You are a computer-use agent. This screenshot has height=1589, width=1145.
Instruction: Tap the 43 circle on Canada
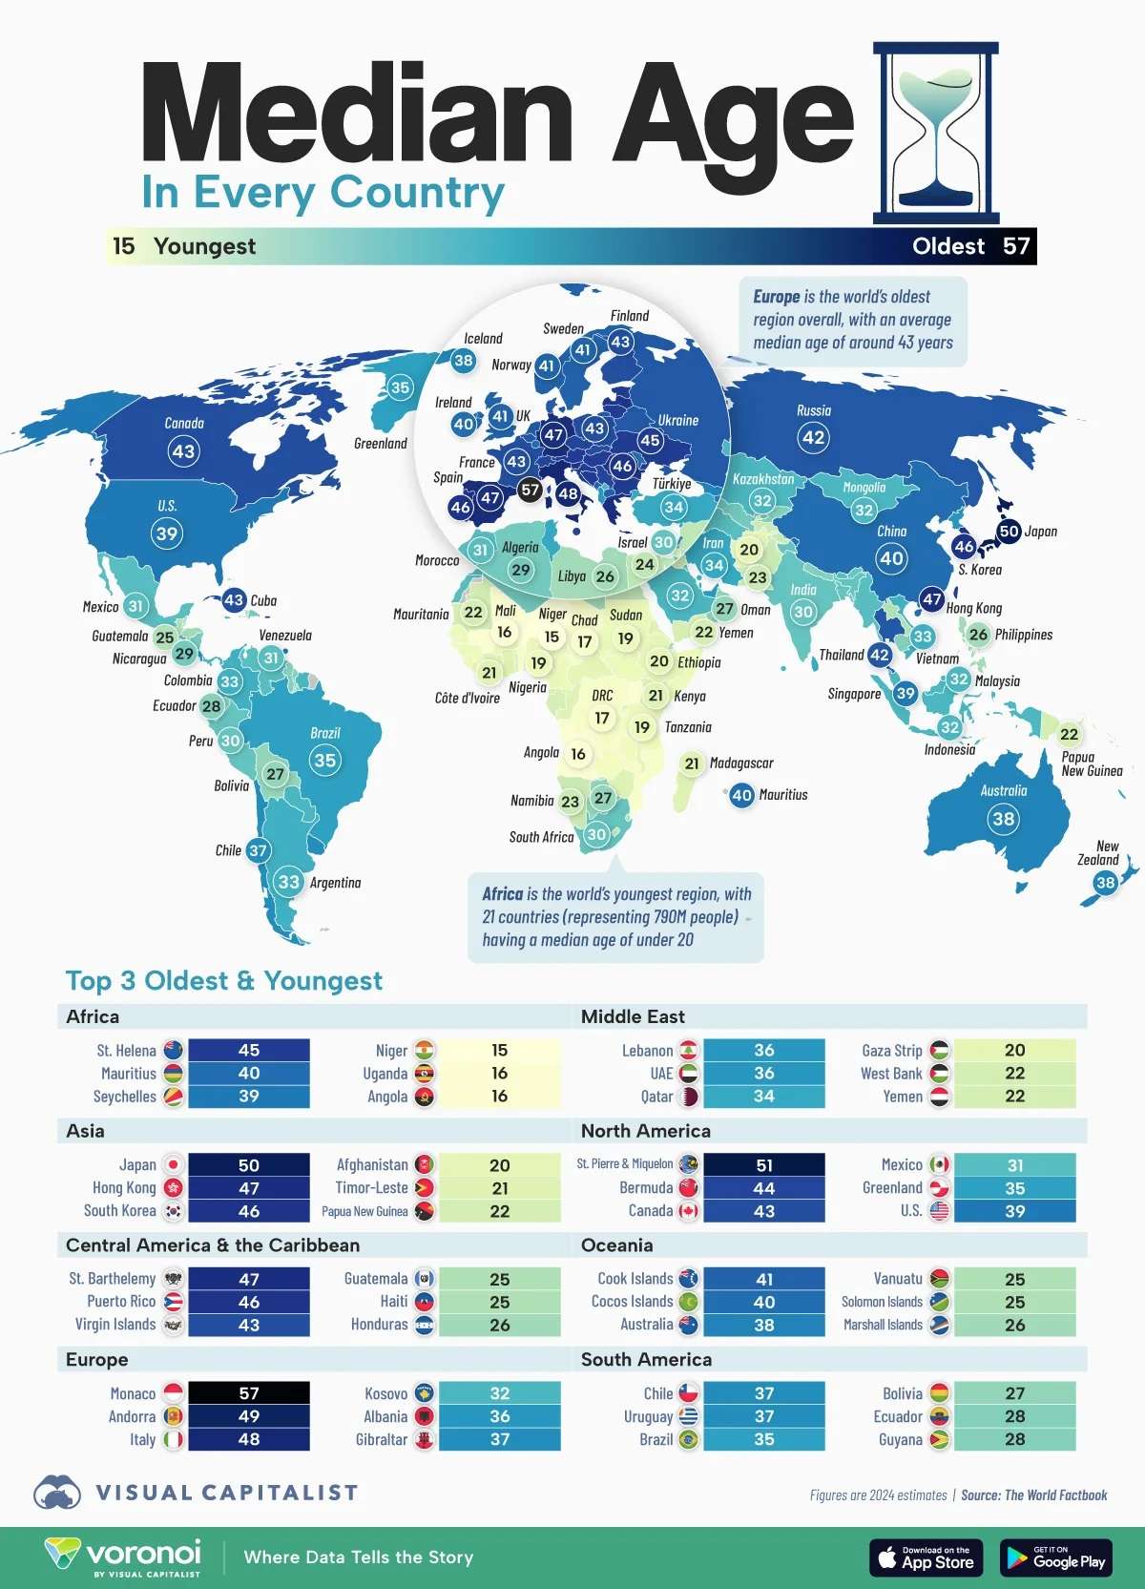tap(183, 450)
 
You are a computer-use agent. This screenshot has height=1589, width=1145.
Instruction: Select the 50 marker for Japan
tap(1009, 531)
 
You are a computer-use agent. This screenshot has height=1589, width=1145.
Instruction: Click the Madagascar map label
tap(741, 763)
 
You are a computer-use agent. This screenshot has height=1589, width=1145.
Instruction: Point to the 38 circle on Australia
tap(1003, 819)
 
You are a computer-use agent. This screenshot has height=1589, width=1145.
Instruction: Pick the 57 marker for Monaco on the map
tap(530, 491)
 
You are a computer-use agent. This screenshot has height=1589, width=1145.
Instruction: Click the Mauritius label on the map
tap(783, 795)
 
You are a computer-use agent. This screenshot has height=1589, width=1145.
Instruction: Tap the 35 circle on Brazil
tap(325, 760)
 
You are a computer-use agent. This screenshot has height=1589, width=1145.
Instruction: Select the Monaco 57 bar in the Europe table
tap(249, 1393)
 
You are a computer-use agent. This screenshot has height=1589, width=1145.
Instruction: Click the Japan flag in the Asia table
tap(174, 1165)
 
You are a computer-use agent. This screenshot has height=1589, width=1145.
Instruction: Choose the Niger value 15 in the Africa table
tap(500, 1051)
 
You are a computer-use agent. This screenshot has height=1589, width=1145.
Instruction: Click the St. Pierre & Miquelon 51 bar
tap(763, 1165)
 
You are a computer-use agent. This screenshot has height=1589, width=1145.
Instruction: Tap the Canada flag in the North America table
tap(688, 1211)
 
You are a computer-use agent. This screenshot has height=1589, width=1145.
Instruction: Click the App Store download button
tap(926, 1558)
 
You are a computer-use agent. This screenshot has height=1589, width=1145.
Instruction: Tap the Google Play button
tap(1056, 1558)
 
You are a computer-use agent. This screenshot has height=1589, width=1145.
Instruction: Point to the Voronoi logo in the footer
tap(124, 1556)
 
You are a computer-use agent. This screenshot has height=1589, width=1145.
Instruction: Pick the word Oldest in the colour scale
tap(947, 246)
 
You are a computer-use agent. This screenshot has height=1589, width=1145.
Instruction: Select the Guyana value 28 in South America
tap(1014, 1439)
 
